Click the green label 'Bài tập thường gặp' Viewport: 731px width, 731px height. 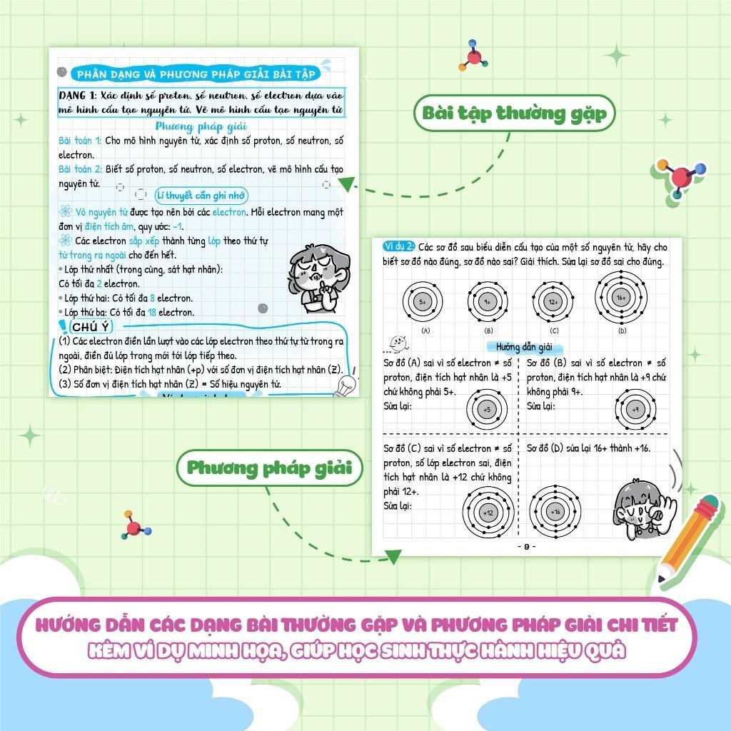click(x=514, y=114)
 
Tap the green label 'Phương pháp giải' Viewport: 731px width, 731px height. click(x=269, y=468)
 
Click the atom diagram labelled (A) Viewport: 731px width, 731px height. click(x=423, y=302)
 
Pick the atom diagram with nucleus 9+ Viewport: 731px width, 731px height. click(x=488, y=302)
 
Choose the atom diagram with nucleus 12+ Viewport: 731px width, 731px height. click(x=553, y=302)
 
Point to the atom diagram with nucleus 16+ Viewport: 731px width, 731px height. click(x=620, y=298)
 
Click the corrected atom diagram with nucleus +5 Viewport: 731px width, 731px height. click(x=488, y=410)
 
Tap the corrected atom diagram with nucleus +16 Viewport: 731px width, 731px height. click(x=555, y=512)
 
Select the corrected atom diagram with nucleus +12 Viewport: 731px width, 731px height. click(x=488, y=513)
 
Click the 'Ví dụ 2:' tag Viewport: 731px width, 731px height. click(x=398, y=246)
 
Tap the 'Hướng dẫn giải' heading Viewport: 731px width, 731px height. click(x=525, y=347)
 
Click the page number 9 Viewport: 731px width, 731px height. click(x=525, y=547)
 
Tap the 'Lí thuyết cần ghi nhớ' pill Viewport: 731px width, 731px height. click(x=201, y=195)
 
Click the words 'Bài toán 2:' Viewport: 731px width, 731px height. click(x=80, y=169)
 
